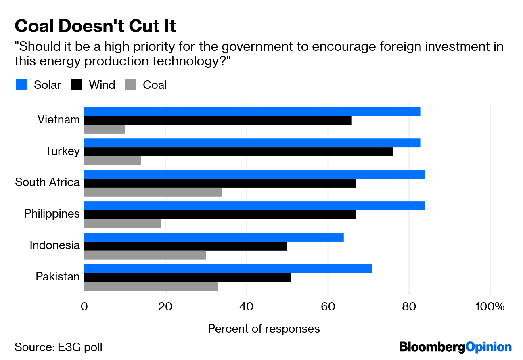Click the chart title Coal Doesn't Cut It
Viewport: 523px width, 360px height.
pos(95,26)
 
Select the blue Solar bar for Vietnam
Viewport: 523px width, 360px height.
pos(252,111)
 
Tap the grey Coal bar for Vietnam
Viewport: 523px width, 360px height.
pos(104,129)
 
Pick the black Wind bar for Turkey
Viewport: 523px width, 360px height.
pos(238,152)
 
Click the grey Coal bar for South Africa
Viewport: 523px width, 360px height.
pos(153,192)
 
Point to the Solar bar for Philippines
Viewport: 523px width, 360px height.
pos(254,206)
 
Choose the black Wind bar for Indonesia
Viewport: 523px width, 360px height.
pos(185,246)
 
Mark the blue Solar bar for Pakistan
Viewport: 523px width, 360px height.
pos(228,269)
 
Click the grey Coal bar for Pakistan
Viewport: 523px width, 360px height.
pos(151,287)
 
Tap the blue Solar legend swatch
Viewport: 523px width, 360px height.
pos(22,85)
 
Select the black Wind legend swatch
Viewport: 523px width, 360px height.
pos(76,85)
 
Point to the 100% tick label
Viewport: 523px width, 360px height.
pos(490,307)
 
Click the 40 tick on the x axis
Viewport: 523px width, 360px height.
pos(246,307)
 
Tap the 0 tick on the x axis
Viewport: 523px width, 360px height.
pos(84,307)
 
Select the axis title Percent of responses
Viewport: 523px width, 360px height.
pos(264,329)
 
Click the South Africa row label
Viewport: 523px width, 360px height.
pos(47,182)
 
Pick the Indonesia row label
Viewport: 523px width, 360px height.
pos(54,245)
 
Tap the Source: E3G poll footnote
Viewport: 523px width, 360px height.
pos(59,347)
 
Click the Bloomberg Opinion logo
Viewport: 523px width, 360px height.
pos(455,347)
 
